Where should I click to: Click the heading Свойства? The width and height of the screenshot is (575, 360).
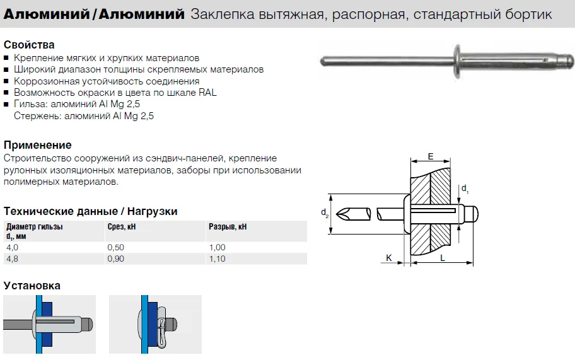(x=29, y=45)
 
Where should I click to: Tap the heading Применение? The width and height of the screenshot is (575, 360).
(x=37, y=145)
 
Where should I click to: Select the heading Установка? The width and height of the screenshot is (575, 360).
(x=32, y=286)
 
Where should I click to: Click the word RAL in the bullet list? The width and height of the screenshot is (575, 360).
(x=207, y=93)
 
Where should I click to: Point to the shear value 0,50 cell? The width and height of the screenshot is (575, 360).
(x=116, y=247)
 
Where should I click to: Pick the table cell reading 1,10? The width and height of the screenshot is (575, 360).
(x=218, y=259)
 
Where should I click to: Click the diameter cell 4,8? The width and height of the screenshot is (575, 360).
(x=12, y=259)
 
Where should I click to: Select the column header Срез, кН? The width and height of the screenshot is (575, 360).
(x=122, y=226)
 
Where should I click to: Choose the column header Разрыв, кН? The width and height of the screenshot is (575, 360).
(x=228, y=226)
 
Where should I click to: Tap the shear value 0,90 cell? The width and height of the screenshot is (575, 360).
(x=116, y=259)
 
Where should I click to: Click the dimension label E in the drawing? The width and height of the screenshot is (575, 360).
(x=431, y=156)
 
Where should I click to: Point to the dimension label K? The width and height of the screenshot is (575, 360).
(x=389, y=258)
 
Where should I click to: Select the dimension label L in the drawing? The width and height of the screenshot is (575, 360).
(x=443, y=258)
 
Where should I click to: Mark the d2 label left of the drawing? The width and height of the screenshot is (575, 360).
(x=325, y=213)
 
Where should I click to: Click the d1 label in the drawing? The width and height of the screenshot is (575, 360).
(x=465, y=189)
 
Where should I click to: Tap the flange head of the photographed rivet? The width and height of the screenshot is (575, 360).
(x=457, y=61)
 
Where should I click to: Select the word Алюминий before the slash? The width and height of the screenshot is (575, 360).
(x=46, y=15)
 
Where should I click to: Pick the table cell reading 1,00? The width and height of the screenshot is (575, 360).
(x=218, y=247)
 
